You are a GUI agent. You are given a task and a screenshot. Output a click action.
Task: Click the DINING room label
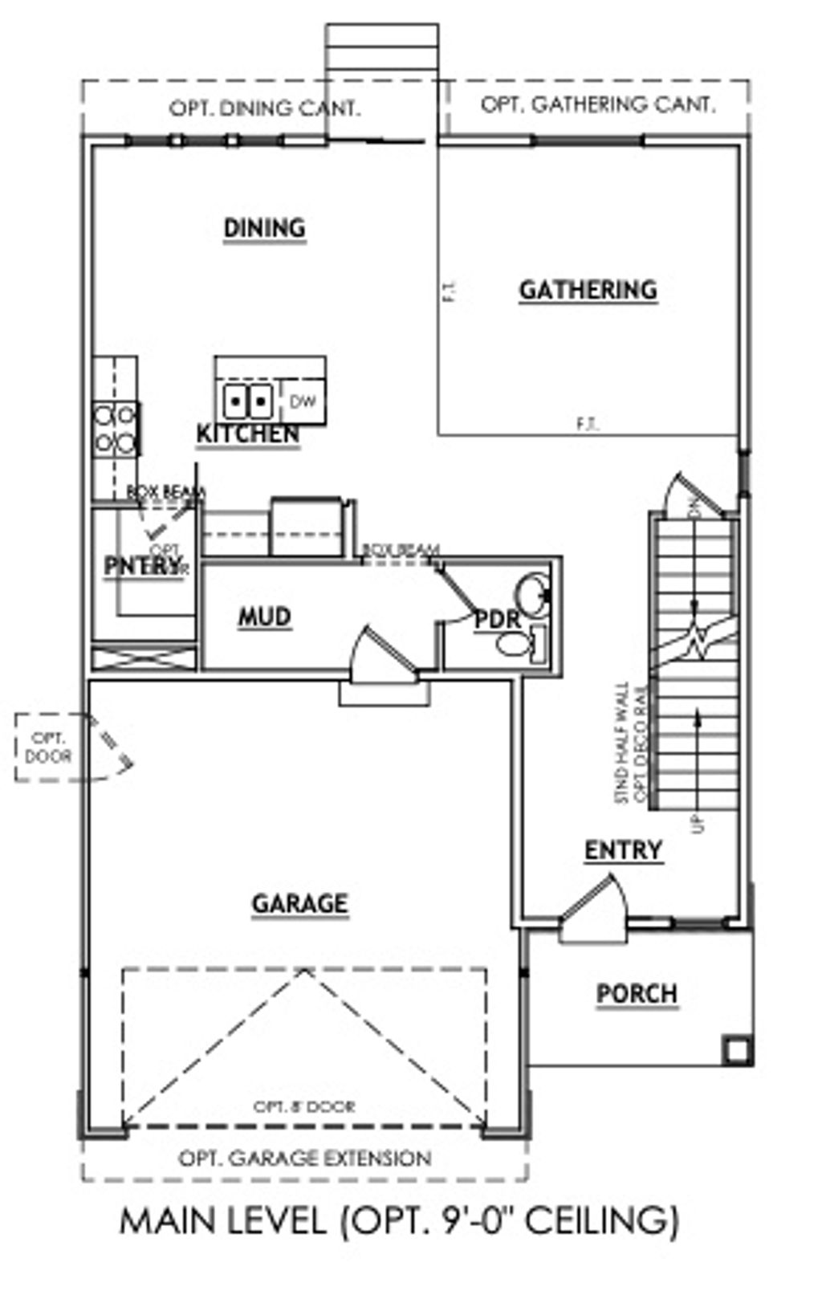tap(264, 228)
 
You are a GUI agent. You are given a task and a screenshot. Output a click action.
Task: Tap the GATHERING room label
tap(588, 290)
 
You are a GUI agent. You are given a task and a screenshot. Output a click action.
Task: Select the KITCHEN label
tap(248, 434)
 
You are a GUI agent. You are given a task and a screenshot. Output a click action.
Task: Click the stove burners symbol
tap(115, 429)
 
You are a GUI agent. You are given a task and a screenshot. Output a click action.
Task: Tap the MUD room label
tap(264, 617)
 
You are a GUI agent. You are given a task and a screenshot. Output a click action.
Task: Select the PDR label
tap(498, 620)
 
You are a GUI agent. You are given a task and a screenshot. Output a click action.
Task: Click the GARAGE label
tap(299, 904)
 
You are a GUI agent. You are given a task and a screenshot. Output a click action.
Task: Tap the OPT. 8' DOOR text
tap(304, 1106)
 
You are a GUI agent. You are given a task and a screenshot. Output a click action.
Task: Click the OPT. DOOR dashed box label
tap(48, 747)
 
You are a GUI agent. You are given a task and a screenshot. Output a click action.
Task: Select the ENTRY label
tap(623, 850)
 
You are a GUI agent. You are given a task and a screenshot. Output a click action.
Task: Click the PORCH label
tap(637, 994)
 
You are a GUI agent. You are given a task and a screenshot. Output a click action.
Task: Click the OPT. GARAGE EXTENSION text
tap(304, 1159)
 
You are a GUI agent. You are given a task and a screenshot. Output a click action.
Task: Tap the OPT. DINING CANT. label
tap(264, 108)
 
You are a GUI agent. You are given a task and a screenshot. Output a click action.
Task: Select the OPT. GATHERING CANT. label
tap(597, 104)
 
